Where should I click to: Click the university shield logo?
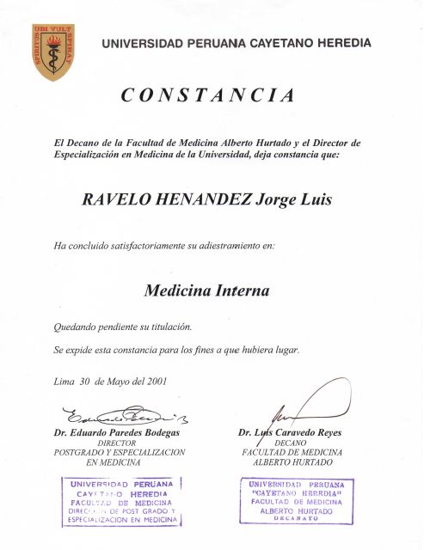coord(53,52)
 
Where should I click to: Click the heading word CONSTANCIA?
coord(208,95)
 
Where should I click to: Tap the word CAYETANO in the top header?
coord(280,43)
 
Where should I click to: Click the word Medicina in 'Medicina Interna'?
coord(176,290)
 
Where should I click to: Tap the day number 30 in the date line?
coord(83,382)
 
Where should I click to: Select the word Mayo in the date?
coord(116,382)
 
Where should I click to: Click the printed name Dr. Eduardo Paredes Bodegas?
coord(120,432)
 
